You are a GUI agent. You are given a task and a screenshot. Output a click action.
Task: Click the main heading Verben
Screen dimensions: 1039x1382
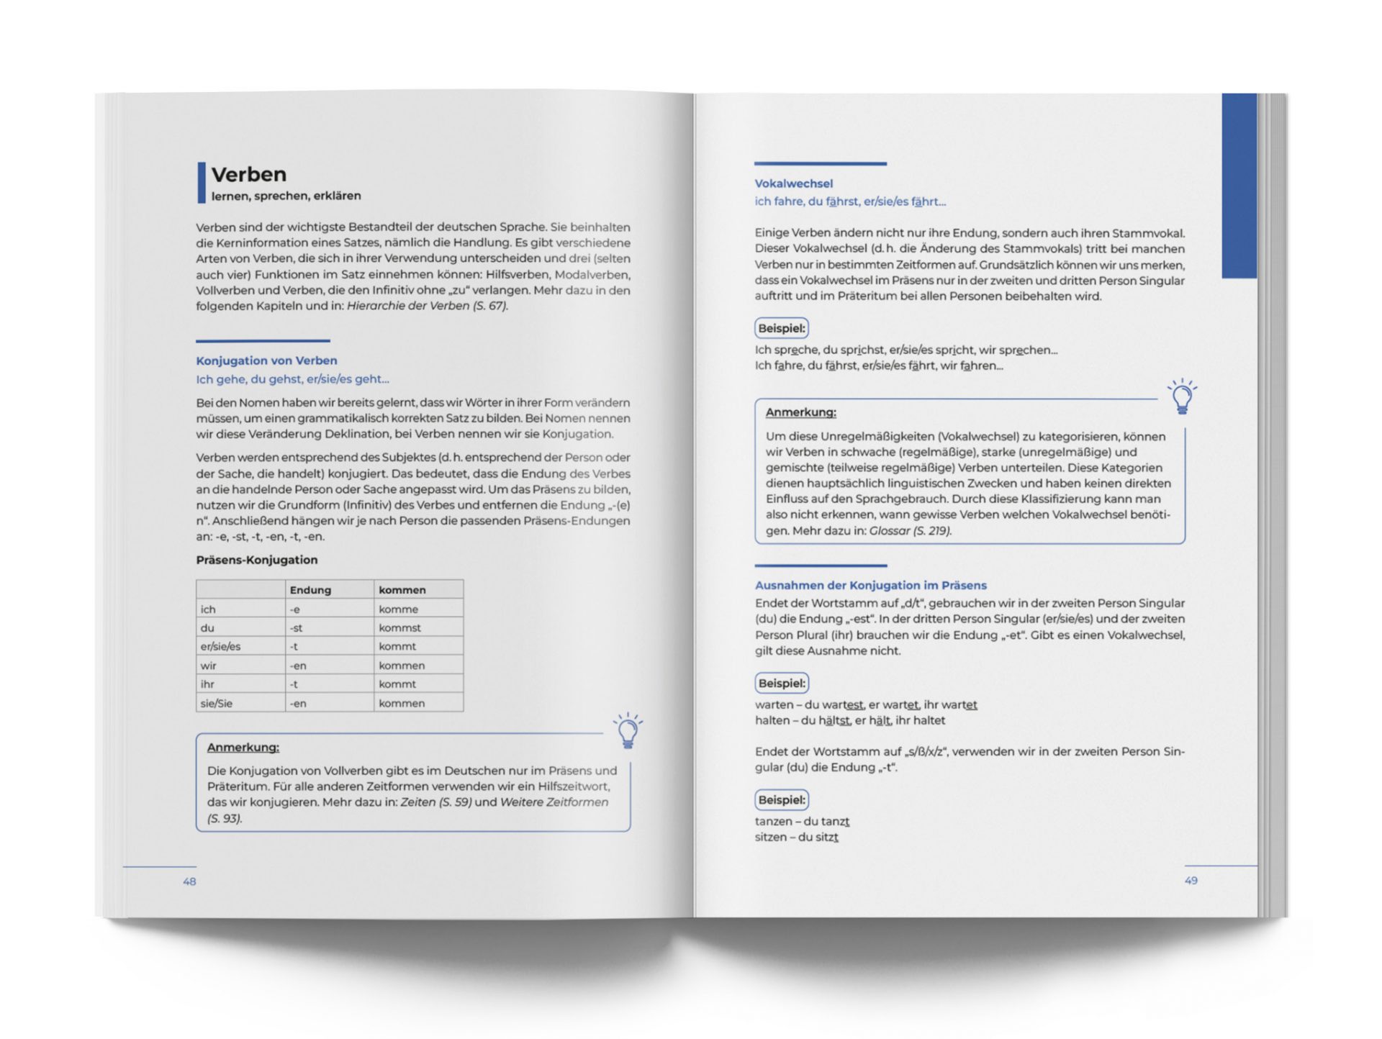(x=248, y=174)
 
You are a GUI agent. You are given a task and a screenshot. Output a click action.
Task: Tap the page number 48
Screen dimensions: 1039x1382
(x=189, y=881)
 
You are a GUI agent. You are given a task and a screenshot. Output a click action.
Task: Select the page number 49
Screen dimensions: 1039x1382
(x=1191, y=880)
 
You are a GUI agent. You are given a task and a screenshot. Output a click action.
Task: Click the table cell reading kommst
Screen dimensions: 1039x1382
(x=399, y=627)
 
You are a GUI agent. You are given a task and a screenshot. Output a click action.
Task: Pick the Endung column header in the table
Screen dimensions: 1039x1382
(x=310, y=590)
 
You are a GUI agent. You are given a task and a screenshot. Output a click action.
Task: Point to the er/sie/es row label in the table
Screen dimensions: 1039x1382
(x=220, y=646)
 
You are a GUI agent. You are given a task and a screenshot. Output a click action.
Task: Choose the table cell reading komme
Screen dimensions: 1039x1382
(x=398, y=609)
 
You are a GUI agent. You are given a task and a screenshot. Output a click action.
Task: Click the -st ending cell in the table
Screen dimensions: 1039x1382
(x=297, y=627)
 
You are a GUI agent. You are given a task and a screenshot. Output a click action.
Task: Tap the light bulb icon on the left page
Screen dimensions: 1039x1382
(x=628, y=731)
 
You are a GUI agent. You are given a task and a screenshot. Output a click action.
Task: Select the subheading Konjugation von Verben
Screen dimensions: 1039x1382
(x=266, y=360)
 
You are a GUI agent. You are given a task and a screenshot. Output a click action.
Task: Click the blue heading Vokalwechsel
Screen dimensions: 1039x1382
(x=793, y=183)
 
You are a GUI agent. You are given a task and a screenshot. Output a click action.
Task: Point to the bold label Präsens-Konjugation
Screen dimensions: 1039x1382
(x=256, y=560)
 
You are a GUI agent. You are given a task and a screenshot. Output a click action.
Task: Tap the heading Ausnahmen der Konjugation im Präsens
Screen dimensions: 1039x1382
(x=870, y=585)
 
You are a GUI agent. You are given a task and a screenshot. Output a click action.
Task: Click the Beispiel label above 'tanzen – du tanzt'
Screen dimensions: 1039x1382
(x=782, y=799)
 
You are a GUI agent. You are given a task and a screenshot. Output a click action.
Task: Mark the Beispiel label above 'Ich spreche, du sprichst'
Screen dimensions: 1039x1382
(x=782, y=328)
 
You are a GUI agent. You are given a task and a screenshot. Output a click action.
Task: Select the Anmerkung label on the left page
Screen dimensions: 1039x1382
(x=243, y=748)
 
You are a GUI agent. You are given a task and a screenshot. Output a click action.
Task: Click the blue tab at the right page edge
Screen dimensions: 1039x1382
(x=1239, y=185)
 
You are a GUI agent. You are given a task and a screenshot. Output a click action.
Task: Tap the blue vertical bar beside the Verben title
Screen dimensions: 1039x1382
(x=202, y=183)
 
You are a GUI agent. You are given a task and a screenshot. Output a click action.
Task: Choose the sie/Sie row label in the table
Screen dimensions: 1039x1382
(x=216, y=703)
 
